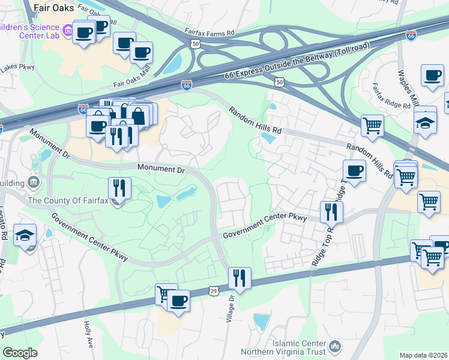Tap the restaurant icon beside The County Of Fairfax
[119, 188]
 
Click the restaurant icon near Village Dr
[239, 278]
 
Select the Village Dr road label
[231, 310]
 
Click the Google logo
[20, 353]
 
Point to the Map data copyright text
[424, 355]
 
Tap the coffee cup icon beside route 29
[178, 301]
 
